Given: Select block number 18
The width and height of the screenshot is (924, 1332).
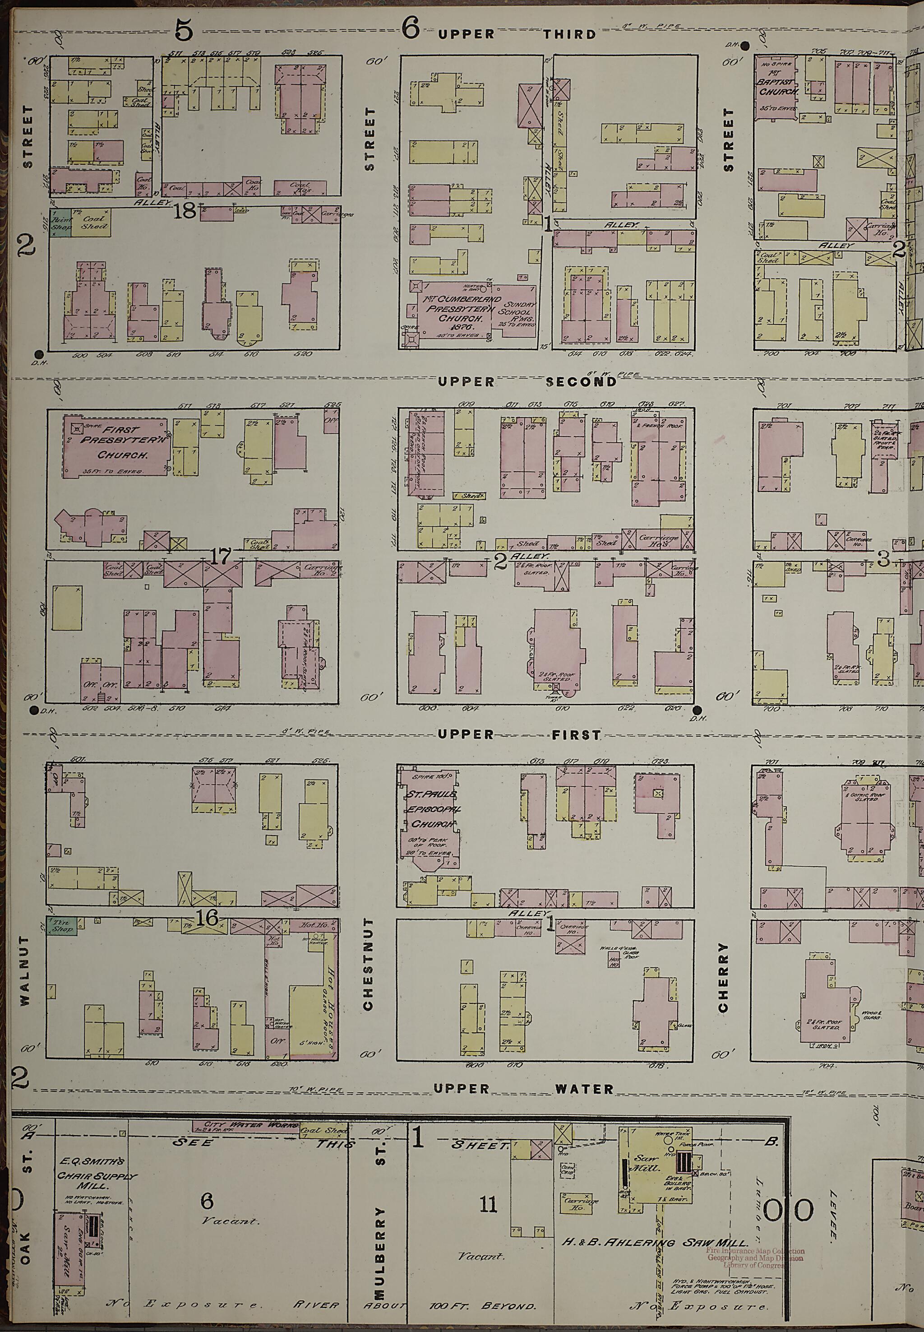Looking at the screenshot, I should tap(185, 211).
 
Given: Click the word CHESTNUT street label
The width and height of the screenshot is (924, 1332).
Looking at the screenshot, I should tap(368, 964).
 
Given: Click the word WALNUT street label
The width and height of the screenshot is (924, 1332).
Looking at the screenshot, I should tap(24, 963).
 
